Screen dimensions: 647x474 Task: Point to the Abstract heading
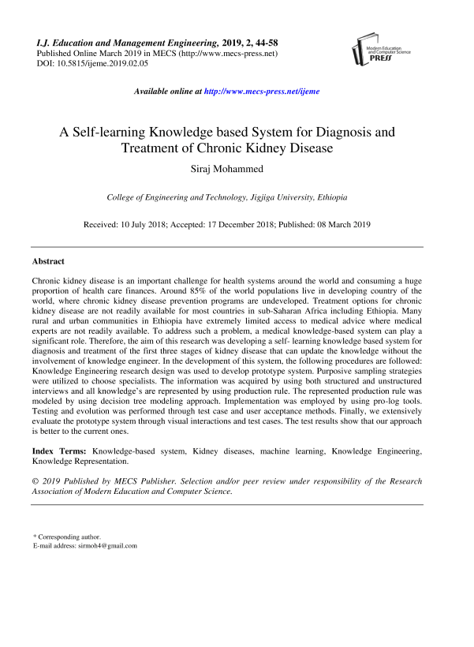click(x=48, y=260)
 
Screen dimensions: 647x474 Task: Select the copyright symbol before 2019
click(x=35, y=481)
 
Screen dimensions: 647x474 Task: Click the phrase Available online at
click(x=168, y=92)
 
